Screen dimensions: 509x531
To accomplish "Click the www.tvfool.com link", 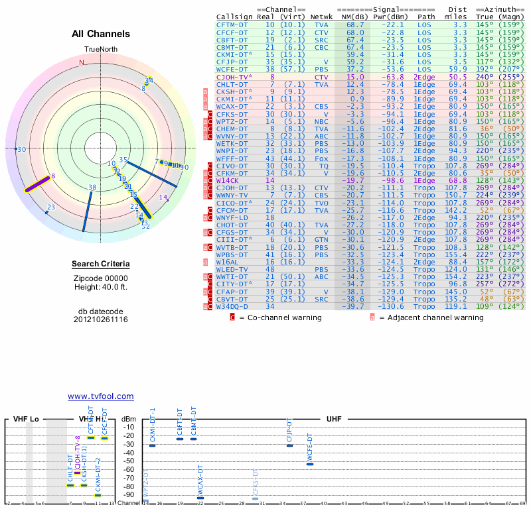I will (100, 396).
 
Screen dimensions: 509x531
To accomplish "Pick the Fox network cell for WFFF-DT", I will (321, 158).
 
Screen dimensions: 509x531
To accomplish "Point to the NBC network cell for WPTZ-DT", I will (321, 121).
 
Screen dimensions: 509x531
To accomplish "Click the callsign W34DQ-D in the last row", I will (232, 306).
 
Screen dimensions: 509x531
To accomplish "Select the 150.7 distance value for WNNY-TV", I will (456, 196).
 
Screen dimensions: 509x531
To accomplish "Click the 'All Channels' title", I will (101, 34).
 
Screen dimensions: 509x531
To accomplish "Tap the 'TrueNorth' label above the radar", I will (100, 50).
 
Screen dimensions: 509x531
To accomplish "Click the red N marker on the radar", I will (82, 62).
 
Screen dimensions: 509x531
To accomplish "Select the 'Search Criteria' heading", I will (100, 264).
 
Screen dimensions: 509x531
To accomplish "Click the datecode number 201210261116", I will (100, 319).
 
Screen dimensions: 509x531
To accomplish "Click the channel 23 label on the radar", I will (50, 208).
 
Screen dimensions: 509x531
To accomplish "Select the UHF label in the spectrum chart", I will (334, 420).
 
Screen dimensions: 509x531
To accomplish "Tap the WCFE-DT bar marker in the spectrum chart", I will (310, 464).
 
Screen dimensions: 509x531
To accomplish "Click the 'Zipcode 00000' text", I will (100, 278).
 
